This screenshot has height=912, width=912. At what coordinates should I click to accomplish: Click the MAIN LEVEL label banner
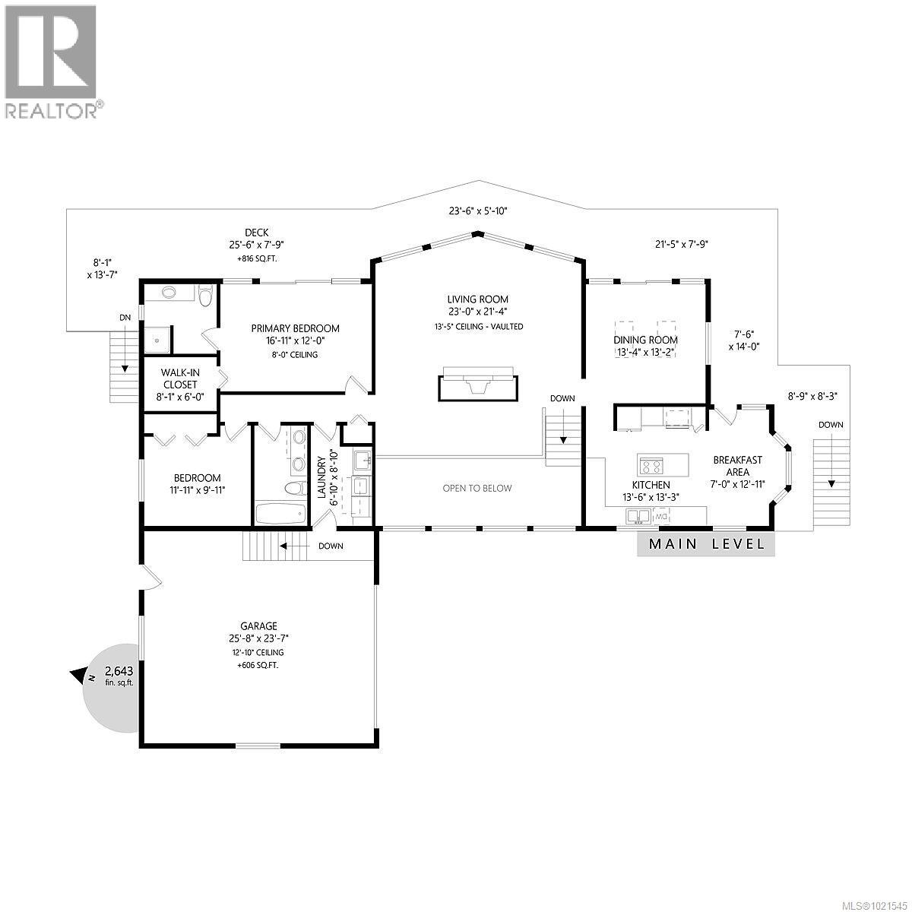pos(705,544)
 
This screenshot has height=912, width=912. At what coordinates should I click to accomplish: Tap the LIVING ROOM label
pos(477,299)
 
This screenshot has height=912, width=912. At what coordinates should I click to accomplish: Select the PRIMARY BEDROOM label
pos(295,328)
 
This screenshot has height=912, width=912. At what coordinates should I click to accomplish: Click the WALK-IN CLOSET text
pos(180,378)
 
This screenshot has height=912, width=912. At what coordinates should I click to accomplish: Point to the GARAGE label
pos(258,625)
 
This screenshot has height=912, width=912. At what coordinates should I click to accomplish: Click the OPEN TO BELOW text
pos(477,488)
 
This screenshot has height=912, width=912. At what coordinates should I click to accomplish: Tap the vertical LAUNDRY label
pos(321,477)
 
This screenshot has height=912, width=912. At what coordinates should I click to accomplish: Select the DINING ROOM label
pos(645,340)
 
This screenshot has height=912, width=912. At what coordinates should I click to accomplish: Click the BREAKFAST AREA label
pos(737,466)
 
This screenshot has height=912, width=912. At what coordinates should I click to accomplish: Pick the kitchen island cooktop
pos(651,466)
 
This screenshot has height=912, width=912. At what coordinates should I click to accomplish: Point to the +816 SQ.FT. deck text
pos(256,258)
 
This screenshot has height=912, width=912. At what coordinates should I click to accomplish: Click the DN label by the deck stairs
pos(125,318)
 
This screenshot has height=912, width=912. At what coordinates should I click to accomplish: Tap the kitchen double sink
pos(638,516)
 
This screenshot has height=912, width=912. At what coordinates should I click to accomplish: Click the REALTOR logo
pos(52,61)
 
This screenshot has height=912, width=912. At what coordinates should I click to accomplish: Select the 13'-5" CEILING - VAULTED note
pos(479,327)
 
